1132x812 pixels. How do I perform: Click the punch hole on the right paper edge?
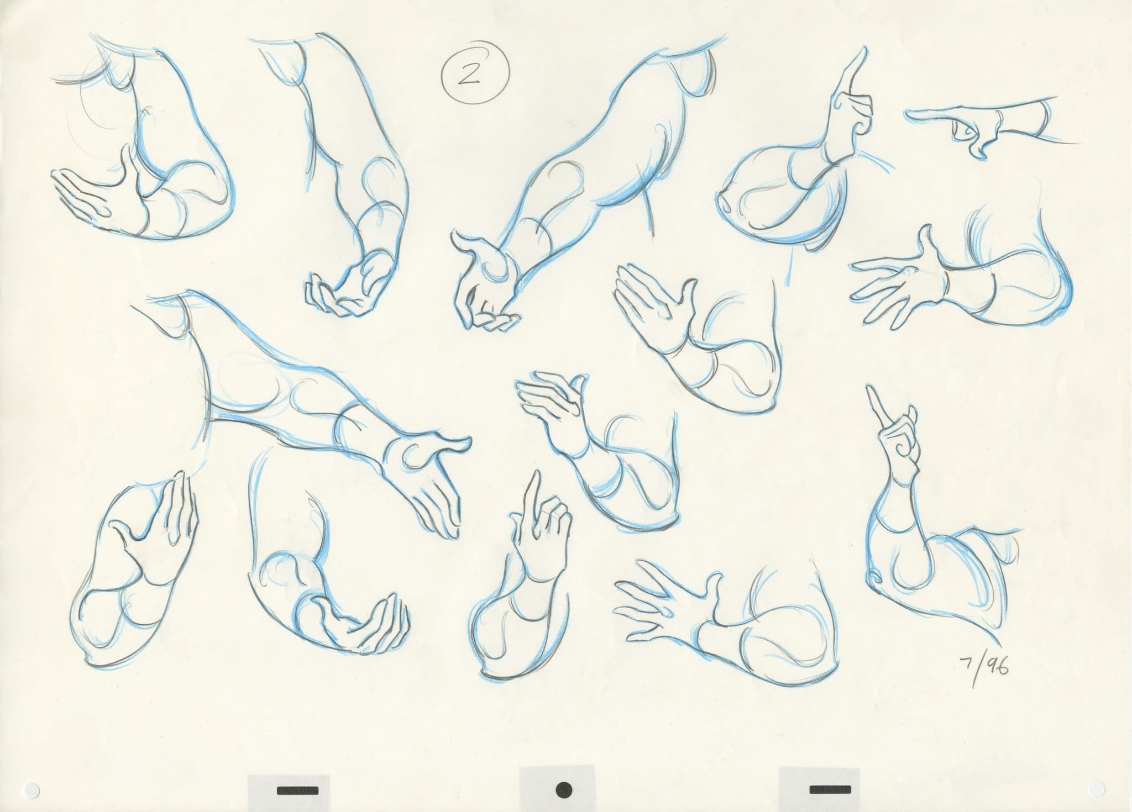[x=1100, y=784]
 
